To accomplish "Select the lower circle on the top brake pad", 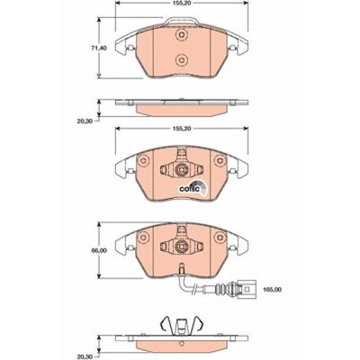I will (180, 61).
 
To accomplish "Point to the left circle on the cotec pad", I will (141, 162).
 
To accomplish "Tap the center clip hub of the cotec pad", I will (180, 168).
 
